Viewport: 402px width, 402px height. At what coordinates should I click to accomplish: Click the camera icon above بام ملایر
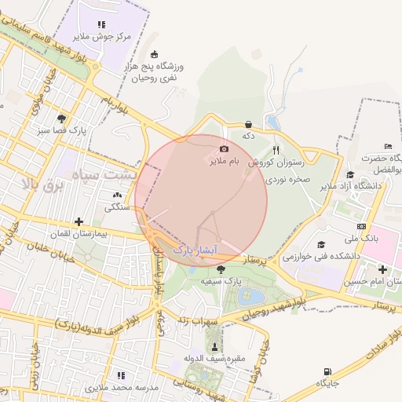tap(225, 148)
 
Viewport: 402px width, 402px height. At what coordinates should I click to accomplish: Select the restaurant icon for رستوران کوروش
tap(276, 150)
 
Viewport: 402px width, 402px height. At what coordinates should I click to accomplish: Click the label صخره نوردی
tap(288, 179)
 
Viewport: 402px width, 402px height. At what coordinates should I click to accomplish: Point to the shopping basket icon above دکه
tap(249, 124)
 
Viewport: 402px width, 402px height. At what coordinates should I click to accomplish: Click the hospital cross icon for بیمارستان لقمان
tap(78, 221)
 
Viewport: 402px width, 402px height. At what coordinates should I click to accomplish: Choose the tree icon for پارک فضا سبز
tap(61, 118)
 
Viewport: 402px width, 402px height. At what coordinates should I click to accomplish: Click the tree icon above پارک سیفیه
tap(219, 269)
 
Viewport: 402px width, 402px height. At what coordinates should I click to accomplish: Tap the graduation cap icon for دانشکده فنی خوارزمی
tap(321, 244)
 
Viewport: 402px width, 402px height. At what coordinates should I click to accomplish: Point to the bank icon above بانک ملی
tap(360, 226)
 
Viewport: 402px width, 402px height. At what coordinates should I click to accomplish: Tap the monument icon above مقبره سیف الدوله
tap(214, 346)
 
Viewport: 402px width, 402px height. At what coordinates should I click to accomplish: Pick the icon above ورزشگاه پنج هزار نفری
tap(153, 54)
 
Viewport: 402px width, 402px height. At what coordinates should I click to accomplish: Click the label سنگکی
tap(119, 207)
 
